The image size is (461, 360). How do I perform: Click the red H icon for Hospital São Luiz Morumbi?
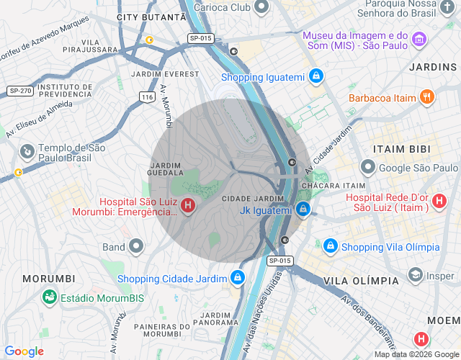pyautogui.click(x=188, y=207)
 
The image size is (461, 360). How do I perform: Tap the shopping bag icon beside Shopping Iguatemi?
pyautogui.click(x=315, y=76)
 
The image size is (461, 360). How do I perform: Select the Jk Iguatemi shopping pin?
pyautogui.click(x=303, y=210)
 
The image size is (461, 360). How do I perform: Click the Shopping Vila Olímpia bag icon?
pyautogui.click(x=330, y=246)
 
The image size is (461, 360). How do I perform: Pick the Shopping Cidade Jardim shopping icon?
pyautogui.click(x=238, y=278)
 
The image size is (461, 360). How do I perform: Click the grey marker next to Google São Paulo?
pyautogui.click(x=367, y=168)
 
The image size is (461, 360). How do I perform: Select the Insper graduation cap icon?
pyautogui.click(x=415, y=275)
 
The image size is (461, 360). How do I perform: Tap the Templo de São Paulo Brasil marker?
pyautogui.click(x=27, y=151)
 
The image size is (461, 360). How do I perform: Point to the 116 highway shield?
pyautogui.click(x=147, y=96)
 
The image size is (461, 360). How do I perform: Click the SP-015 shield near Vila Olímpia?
pyautogui.click(x=280, y=260)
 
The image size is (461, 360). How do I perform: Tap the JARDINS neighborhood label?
pyautogui.click(x=432, y=67)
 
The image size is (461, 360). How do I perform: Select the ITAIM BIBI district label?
pyautogui.click(x=401, y=148)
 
